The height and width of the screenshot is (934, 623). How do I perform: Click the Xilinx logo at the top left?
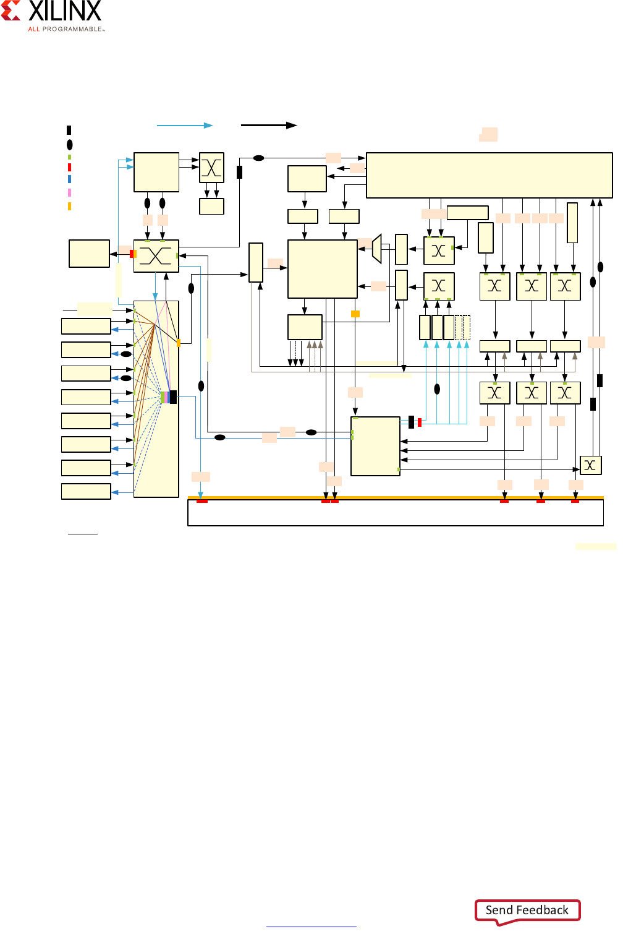tap(53, 15)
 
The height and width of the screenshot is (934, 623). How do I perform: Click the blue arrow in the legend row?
tap(185, 126)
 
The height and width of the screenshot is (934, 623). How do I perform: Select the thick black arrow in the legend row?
tap(269, 126)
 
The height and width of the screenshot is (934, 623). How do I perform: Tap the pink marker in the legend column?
tap(69, 193)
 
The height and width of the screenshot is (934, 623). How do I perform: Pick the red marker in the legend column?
tap(69, 167)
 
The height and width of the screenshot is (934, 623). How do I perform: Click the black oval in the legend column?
tap(69, 145)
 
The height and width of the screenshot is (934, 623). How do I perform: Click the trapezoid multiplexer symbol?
tap(377, 249)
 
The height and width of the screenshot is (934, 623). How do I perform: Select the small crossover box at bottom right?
tap(590, 465)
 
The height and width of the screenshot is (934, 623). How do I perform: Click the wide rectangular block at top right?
tap(489, 176)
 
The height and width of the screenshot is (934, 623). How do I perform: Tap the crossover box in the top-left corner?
tap(211, 168)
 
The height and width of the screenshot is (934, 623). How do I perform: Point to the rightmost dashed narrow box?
tap(467, 328)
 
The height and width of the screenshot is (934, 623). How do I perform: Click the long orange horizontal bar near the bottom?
tap(396, 497)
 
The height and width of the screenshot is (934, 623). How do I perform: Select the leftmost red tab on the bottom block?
tap(202, 501)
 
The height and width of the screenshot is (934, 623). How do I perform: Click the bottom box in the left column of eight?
tap(86, 491)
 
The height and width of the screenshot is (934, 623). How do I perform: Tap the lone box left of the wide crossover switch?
tap(89, 254)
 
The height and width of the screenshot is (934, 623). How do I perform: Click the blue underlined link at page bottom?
tap(311, 926)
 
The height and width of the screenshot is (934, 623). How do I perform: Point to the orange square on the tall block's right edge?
tap(178, 343)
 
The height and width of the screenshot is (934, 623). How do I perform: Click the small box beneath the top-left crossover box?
tap(211, 207)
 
